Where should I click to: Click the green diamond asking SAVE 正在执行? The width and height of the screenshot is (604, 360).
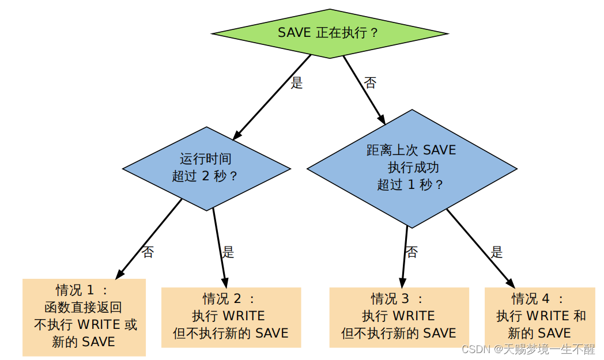(330, 33)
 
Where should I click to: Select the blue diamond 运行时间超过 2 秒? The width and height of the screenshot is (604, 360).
(206, 168)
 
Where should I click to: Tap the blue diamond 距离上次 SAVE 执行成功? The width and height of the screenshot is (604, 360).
(412, 168)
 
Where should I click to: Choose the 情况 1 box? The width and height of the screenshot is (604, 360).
(84, 317)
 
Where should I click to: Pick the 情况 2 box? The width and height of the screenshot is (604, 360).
(231, 317)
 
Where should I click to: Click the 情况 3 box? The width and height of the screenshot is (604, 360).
(399, 317)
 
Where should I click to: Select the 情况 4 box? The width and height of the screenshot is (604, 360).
(539, 317)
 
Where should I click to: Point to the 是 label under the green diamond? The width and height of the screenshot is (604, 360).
(297, 83)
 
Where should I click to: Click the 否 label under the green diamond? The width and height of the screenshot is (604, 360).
(371, 83)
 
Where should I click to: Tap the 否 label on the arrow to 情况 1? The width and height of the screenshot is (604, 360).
(148, 252)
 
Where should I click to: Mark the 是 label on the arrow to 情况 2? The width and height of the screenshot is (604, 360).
(228, 252)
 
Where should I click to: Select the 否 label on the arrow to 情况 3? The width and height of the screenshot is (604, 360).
(412, 252)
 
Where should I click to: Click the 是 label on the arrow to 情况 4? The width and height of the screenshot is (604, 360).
(497, 252)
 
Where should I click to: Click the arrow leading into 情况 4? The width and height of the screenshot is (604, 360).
(480, 248)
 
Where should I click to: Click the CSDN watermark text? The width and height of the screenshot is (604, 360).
(528, 350)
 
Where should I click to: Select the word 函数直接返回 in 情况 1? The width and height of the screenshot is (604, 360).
(83, 307)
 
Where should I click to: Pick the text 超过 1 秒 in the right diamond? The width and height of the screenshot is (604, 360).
(410, 185)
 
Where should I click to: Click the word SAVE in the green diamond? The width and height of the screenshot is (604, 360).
(295, 33)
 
